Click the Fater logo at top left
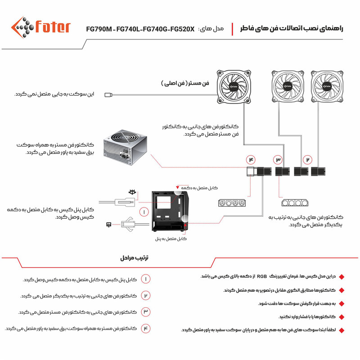[x=40, y=28]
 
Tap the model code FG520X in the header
[x=181, y=29]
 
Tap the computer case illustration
[x=170, y=210]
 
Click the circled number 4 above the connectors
[x=251, y=160]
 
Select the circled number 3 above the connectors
[x=279, y=160]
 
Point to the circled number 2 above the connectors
[x=307, y=160]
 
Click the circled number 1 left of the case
[x=144, y=211]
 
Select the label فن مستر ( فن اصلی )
[x=185, y=84]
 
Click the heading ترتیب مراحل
[x=134, y=258]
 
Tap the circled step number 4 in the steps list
[x=146, y=328]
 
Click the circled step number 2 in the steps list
[x=146, y=296]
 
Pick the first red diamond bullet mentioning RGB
[x=341, y=276]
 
